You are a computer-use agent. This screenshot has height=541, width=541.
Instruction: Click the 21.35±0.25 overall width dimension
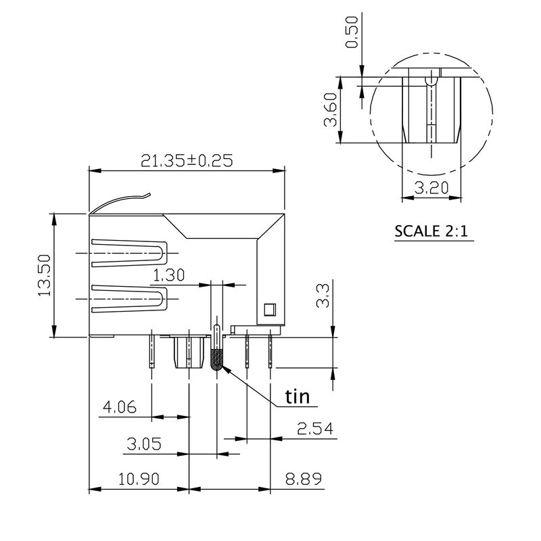pos(186,160)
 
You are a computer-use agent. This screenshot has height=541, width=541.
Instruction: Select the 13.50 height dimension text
pos(45,275)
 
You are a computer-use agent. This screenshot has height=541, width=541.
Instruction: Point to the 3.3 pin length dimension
pos(324,296)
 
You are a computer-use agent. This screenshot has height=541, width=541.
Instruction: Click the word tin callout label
pos(297,396)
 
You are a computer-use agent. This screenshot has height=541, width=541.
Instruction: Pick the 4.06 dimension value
pos(119,407)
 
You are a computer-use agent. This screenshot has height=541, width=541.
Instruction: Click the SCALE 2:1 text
pos(431,231)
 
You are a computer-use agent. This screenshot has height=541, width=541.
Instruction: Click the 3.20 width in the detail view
pos(431,189)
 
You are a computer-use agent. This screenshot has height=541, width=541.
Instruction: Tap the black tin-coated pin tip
pos(216,360)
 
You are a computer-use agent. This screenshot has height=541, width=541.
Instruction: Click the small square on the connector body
pos(268,310)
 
